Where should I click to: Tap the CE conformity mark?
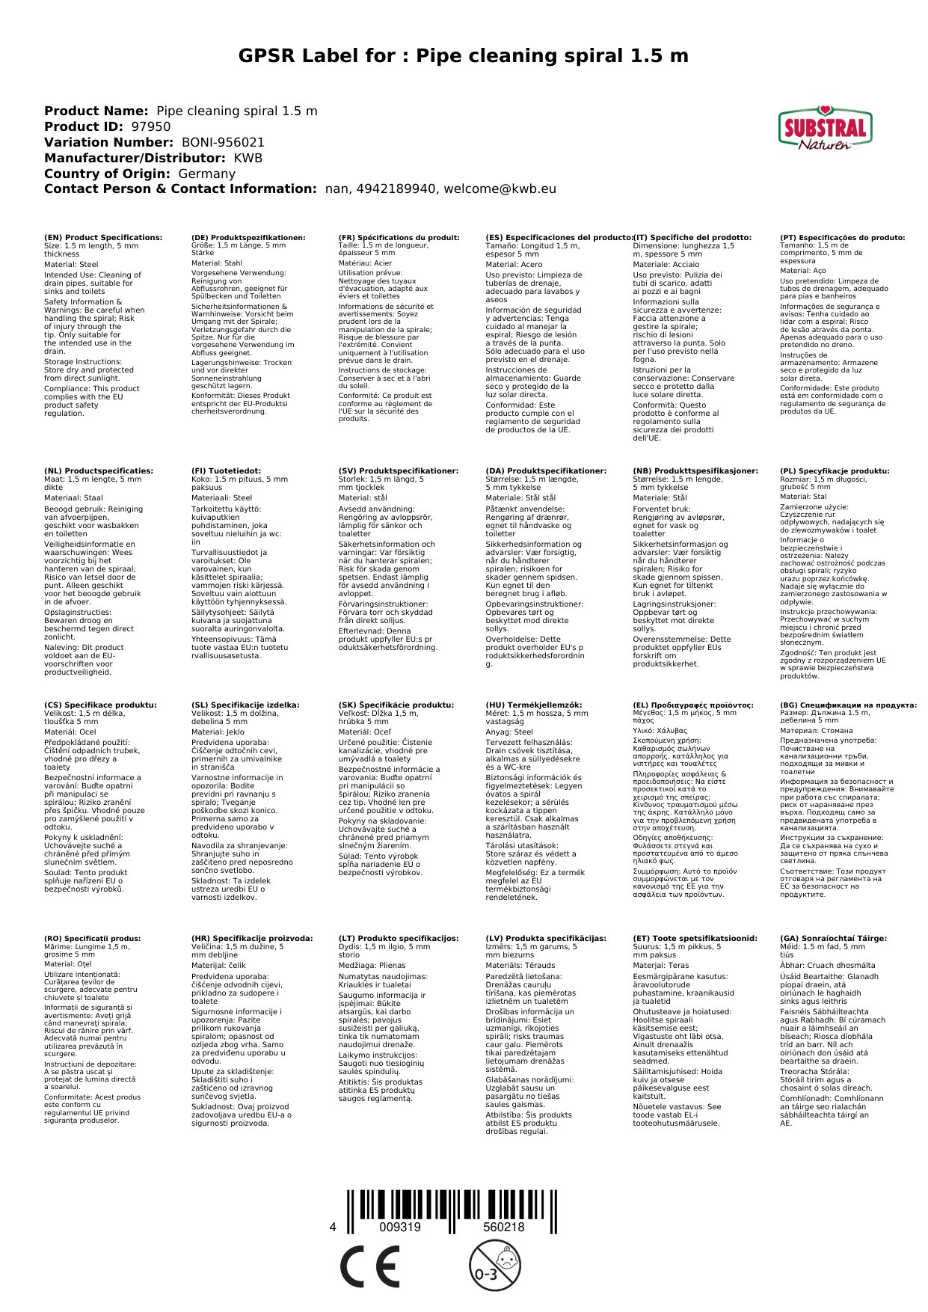pyautogui.click(x=369, y=1267)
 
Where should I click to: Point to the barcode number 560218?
pyautogui.click(x=503, y=1227)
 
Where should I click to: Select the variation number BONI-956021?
pyautogui.click(x=223, y=142)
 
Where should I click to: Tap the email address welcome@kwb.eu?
pyautogui.click(x=500, y=189)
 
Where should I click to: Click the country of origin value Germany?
pyautogui.click(x=206, y=174)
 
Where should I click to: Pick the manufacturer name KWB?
pyautogui.click(x=248, y=158)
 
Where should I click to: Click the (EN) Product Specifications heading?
pyautogui.click(x=103, y=238)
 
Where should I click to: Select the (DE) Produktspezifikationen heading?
pyautogui.click(x=248, y=238)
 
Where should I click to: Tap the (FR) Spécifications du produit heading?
pyautogui.click(x=399, y=238)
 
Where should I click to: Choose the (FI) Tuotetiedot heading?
pyautogui.click(x=226, y=471)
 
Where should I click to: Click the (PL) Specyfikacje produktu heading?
pyautogui.click(x=835, y=471)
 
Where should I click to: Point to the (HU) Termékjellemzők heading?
pyautogui.click(x=533, y=705)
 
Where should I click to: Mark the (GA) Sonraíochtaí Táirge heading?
pyautogui.click(x=833, y=938)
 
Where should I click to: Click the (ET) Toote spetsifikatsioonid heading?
pyautogui.click(x=695, y=938)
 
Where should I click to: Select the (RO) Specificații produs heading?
pyautogui.click(x=92, y=938)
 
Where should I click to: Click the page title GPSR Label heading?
pyautogui.click(x=464, y=56)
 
